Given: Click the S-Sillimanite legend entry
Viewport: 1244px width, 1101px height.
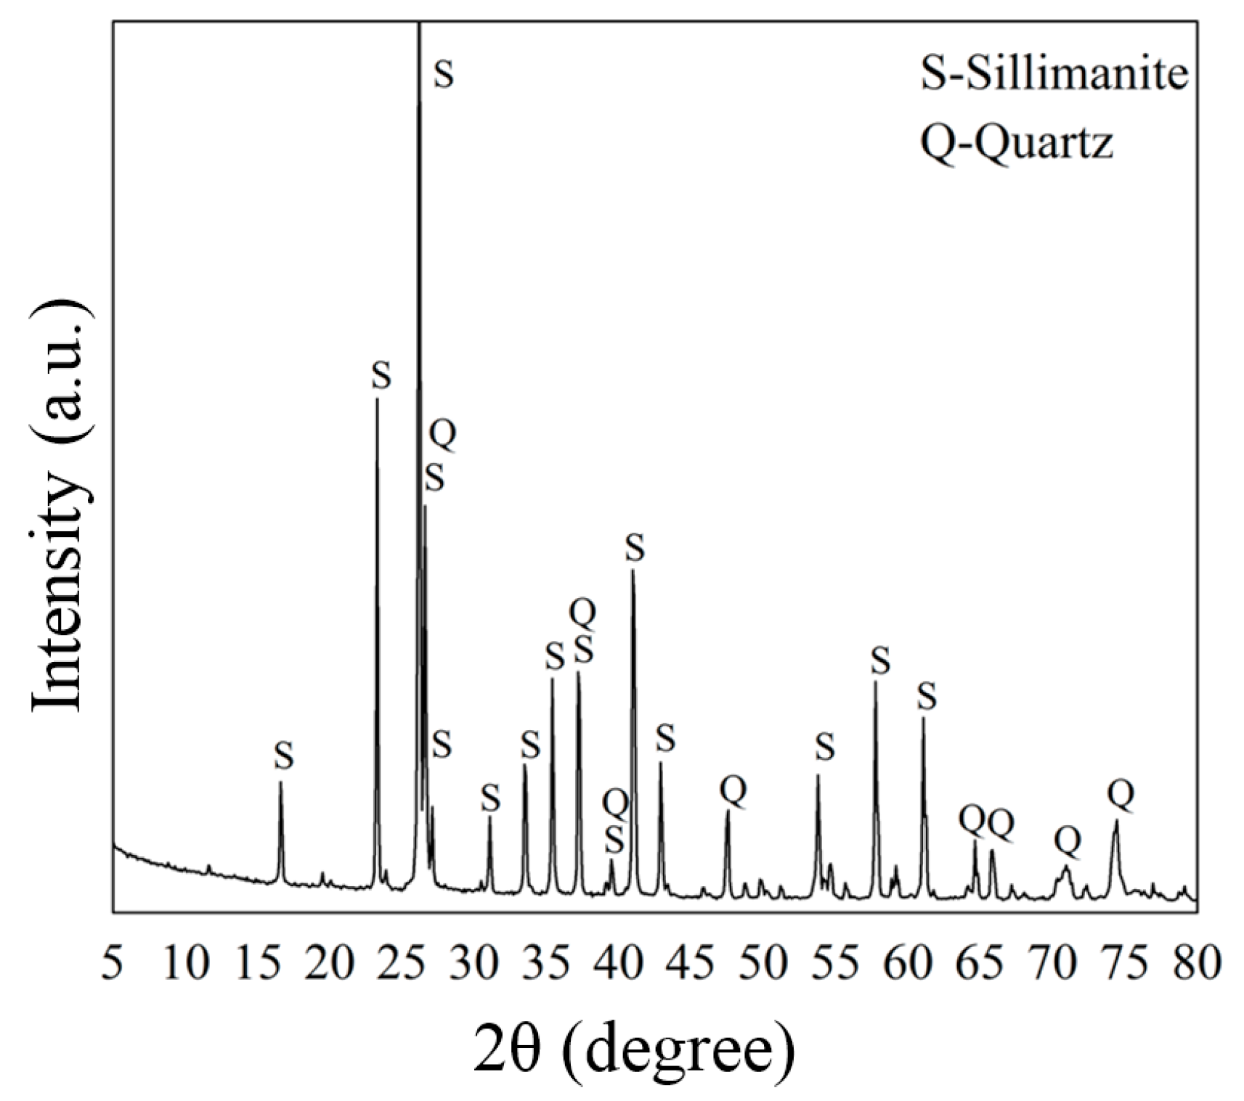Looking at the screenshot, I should point(1054,74).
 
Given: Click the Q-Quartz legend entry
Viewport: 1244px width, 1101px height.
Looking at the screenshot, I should point(1016,143).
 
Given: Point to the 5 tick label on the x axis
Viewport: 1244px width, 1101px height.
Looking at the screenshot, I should point(112,965).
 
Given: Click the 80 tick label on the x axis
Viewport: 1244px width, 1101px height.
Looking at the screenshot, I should point(1197,965).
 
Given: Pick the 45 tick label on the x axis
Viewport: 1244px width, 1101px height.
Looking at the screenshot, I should point(691,965).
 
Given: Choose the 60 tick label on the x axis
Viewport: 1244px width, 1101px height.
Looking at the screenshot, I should point(908,965).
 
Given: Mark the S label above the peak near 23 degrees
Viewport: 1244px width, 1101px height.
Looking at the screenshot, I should point(381,376).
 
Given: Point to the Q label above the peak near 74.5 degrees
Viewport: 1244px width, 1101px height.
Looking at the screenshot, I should point(1120,796).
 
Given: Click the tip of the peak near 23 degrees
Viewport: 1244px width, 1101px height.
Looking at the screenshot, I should point(377,398).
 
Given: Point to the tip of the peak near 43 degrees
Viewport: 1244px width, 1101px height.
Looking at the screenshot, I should point(660,763).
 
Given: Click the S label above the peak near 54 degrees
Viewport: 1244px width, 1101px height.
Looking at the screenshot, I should point(825,747).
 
